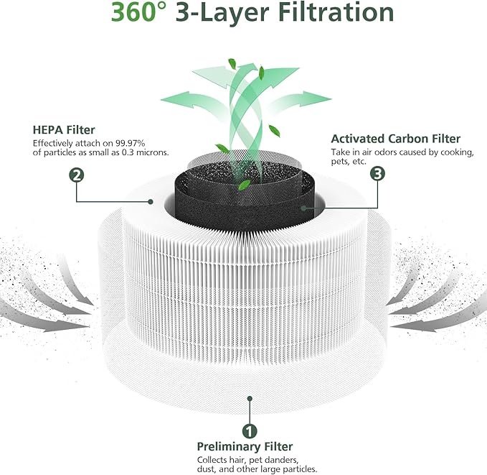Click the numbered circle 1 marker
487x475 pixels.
coord(249,432)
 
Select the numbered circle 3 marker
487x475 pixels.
coord(377,175)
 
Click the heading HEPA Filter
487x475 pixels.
coord(64,130)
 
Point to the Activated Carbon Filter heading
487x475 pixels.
coord(395,139)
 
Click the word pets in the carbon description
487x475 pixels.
coord(339,162)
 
